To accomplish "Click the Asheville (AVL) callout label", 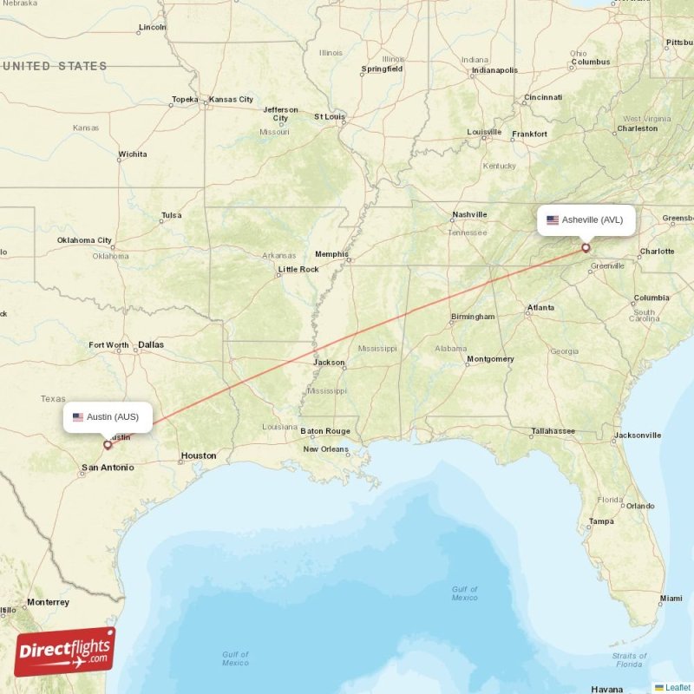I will pyautogui.click(x=586, y=219).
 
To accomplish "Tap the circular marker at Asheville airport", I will pyautogui.click(x=586, y=248).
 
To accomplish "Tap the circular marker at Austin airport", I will pyautogui.click(x=108, y=445).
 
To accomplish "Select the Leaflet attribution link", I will pyautogui.click(x=678, y=687).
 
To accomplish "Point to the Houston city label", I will pyautogui.click(x=199, y=455).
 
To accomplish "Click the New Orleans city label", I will pyautogui.click(x=325, y=449).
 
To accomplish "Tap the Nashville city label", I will pyautogui.click(x=469, y=214).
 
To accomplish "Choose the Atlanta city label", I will pyautogui.click(x=541, y=307).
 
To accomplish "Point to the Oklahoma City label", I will pyautogui.click(x=84, y=240).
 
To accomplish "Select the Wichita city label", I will pyautogui.click(x=133, y=154).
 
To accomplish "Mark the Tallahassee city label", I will pyautogui.click(x=553, y=431).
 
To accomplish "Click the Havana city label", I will pyautogui.click(x=607, y=690).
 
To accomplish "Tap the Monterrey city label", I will pyautogui.click(x=48, y=602).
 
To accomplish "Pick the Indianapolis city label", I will pyautogui.click(x=494, y=70).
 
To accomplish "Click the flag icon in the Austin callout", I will pyautogui.click(x=78, y=417).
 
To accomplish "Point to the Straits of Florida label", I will pyautogui.click(x=629, y=660).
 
